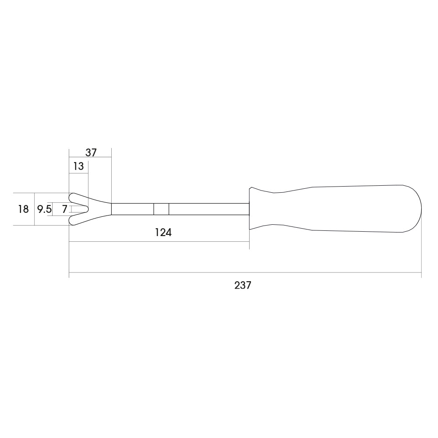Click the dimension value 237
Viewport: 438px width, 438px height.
243,285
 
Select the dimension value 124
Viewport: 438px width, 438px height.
163,232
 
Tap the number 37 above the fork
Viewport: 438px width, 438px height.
91,152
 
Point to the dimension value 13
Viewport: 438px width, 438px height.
78,166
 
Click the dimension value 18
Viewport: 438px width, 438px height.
23,209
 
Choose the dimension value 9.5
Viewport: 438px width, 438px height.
45,209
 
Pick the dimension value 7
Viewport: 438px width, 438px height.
64,209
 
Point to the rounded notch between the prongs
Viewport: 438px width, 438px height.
88,208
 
